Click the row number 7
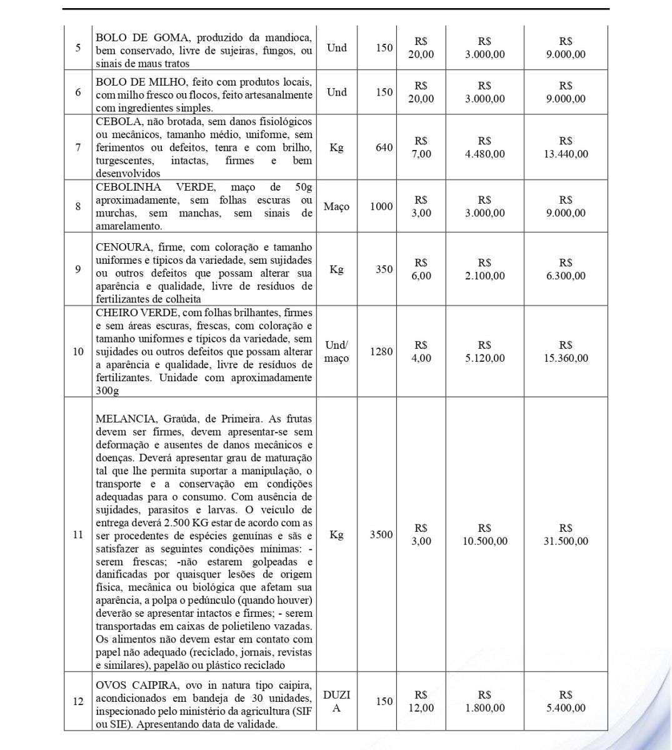[x=78, y=147]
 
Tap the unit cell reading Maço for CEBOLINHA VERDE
[x=336, y=206]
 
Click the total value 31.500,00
[x=566, y=541]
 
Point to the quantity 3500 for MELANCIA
[x=381, y=534]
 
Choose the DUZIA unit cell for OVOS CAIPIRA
[x=336, y=701]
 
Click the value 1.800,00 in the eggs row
[x=484, y=708]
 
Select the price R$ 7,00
[x=421, y=147]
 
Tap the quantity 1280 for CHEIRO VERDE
[x=381, y=351]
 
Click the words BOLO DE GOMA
[x=133, y=37]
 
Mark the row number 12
[x=78, y=701]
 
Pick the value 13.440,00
[x=566, y=154]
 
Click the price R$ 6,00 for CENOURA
[x=421, y=269]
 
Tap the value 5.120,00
[x=484, y=358]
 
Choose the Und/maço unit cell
[x=336, y=351]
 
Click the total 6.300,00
[x=566, y=276]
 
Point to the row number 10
[x=78, y=351]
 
